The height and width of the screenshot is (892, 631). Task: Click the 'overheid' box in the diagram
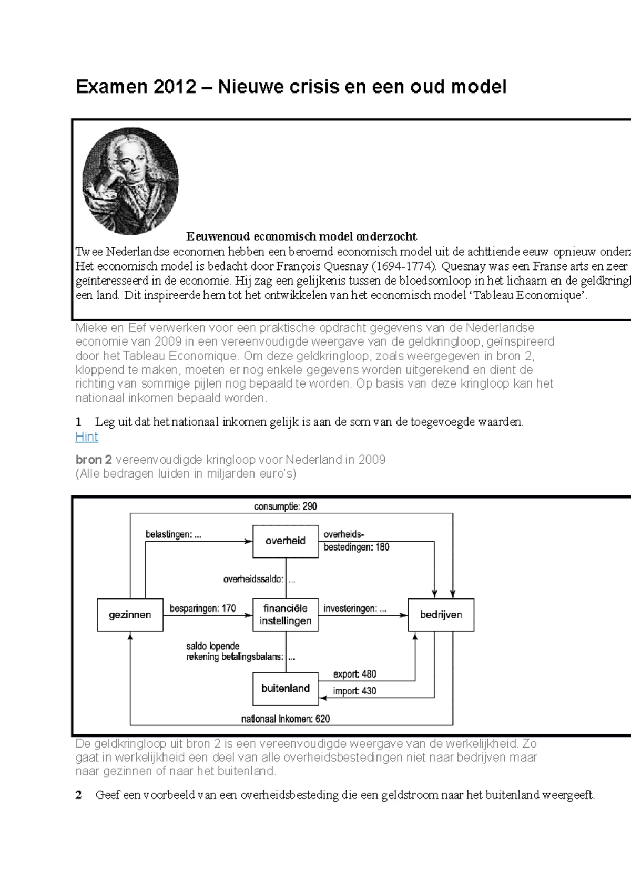pos(286,541)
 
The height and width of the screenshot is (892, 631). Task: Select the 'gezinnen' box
pos(130,615)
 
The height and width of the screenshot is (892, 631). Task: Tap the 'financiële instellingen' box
pos(286,615)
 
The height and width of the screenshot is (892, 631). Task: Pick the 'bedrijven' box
pos(441,615)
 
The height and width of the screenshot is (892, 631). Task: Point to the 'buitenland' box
pos(286,688)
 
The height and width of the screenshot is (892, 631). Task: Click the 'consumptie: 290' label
pos(286,506)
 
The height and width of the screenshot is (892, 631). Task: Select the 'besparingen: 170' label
pos(202,608)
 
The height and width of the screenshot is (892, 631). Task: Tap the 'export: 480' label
pos(354,674)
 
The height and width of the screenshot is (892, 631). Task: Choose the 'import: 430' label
pos(354,691)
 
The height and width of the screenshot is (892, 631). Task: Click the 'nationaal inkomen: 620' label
pos(286,719)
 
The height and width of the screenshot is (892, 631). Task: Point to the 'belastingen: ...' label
pos(173,535)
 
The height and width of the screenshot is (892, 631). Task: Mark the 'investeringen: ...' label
pos(355,608)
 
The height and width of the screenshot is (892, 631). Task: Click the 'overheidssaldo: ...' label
pos(259,580)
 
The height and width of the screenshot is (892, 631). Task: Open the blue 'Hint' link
pos(87,437)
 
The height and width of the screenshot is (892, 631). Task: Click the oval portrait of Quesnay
pos(130,181)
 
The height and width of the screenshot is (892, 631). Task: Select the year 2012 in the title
pos(174,87)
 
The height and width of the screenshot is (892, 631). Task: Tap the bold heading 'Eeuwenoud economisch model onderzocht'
pos(301,236)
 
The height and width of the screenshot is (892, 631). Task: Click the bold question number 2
pos(79,795)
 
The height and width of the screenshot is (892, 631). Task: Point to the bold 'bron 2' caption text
pos(94,460)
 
